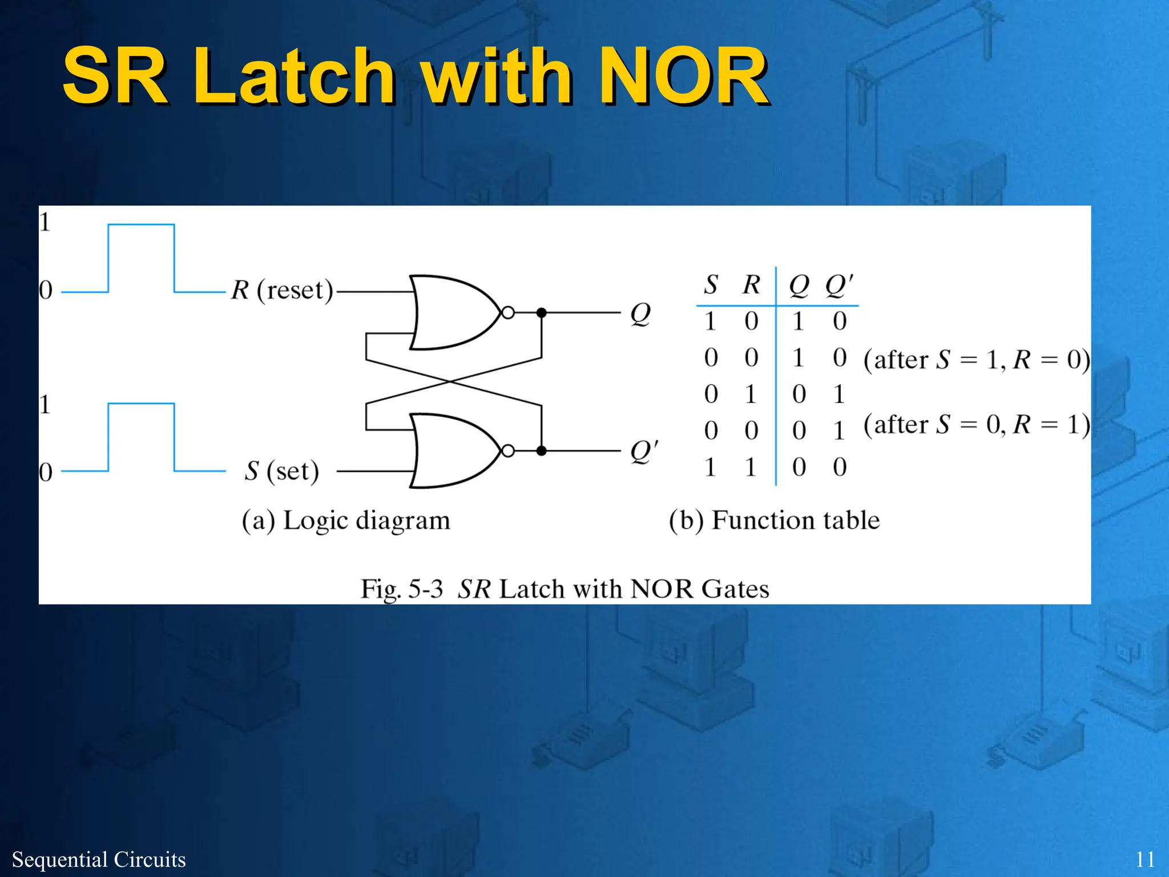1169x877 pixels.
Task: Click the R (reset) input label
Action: click(281, 290)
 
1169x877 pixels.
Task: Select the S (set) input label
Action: click(281, 471)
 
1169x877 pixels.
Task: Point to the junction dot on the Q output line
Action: click(542, 313)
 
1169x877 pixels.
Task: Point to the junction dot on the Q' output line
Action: click(542, 451)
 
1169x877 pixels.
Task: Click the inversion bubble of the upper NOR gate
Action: click(507, 313)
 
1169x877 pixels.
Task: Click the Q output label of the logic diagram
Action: click(640, 314)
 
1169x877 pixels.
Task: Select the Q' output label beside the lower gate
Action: click(644, 451)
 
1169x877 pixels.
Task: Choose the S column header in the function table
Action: click(711, 284)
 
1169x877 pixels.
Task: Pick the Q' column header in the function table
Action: click(839, 284)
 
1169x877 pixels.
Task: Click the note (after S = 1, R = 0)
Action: click(976, 360)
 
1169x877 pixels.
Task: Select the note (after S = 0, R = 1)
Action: click(976, 425)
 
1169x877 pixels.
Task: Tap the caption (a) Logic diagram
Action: click(346, 521)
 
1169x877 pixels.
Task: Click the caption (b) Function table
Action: click(774, 521)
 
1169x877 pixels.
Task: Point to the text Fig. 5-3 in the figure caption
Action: click(401, 589)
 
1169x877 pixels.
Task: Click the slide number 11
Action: click(1145, 859)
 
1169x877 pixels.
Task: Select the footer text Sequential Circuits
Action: click(99, 859)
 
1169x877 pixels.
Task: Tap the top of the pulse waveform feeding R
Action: click(141, 225)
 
